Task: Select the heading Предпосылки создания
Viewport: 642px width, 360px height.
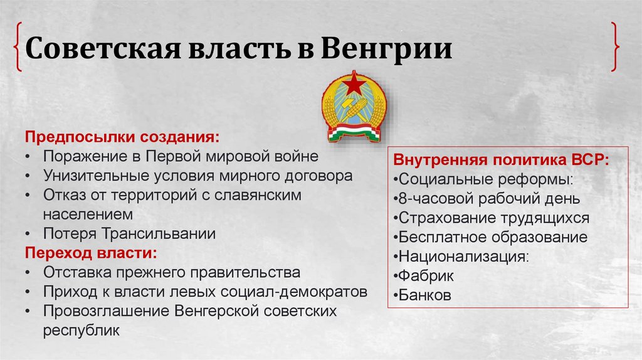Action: (122, 137)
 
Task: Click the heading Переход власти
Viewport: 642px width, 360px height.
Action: (91, 253)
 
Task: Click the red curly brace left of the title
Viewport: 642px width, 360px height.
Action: (19, 48)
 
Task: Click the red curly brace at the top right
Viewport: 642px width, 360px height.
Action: (616, 48)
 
